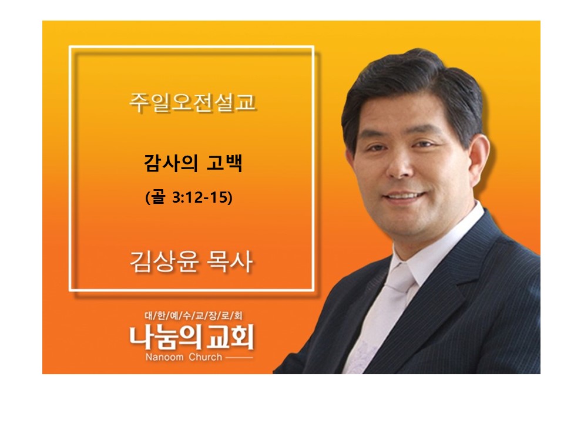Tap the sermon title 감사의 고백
(193, 163)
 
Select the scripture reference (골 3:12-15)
(189, 197)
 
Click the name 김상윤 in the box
(164, 261)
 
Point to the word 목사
(230, 261)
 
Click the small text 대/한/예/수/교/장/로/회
(193, 316)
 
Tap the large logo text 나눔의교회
(192, 337)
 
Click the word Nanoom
(164, 357)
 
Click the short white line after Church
(239, 358)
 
